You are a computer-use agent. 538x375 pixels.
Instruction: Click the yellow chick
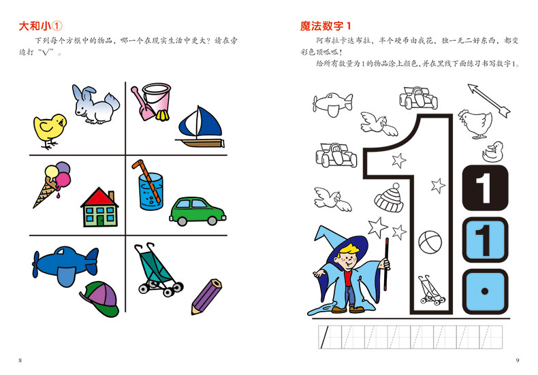click(x=49, y=130)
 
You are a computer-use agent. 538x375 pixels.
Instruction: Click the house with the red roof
click(x=99, y=208)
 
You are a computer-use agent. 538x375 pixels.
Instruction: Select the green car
click(x=197, y=210)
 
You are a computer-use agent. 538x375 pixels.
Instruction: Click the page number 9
click(x=518, y=359)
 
